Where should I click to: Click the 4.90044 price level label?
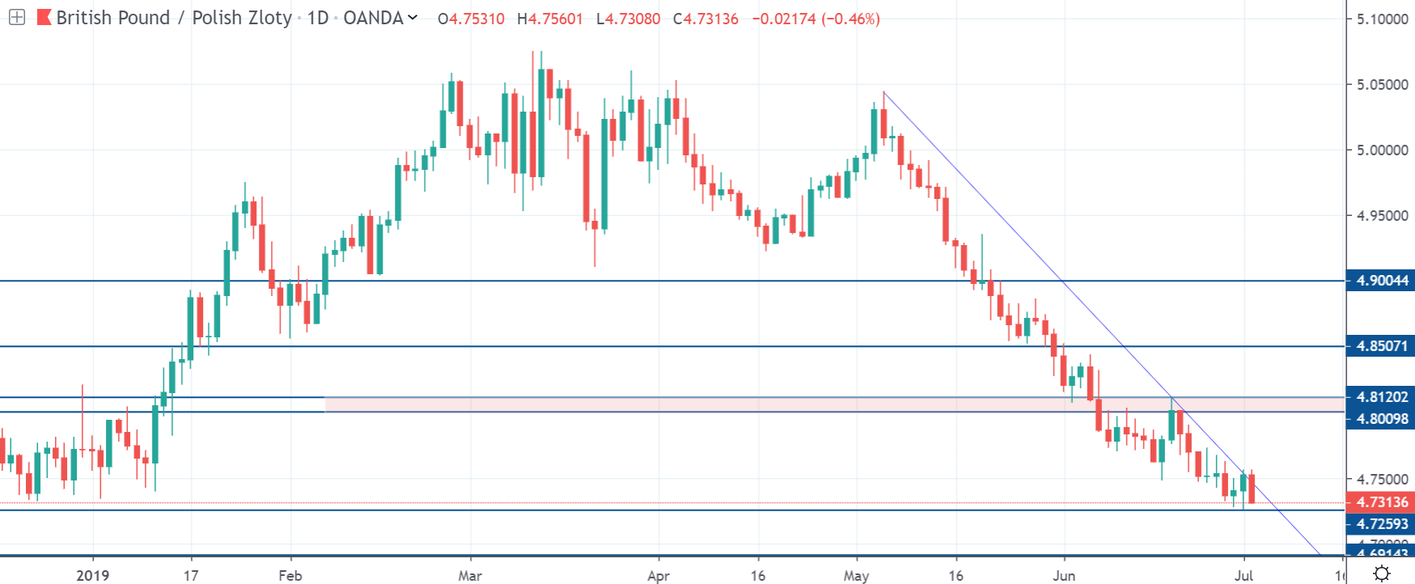(x=1381, y=281)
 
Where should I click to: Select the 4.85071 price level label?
(x=1381, y=346)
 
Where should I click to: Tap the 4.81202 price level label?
(x=1381, y=397)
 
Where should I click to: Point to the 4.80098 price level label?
(x=1381, y=418)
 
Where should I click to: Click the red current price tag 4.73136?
(x=1381, y=502)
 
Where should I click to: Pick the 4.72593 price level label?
(x=1381, y=524)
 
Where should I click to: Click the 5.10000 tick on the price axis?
(x=1382, y=19)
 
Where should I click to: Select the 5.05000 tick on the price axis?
(x=1382, y=84)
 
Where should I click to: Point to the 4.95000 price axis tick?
(x=1382, y=215)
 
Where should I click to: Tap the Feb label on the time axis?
(x=290, y=575)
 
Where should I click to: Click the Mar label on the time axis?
(x=469, y=575)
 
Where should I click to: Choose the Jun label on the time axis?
(x=1064, y=575)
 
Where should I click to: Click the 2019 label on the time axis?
(x=92, y=575)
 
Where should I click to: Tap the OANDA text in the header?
(x=373, y=18)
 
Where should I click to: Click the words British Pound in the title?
(x=113, y=18)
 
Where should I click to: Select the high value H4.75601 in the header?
(x=550, y=19)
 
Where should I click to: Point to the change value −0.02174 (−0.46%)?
(x=816, y=19)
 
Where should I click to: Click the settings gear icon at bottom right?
(x=1382, y=573)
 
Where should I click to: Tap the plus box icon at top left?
(x=16, y=17)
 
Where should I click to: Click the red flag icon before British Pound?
(x=44, y=17)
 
